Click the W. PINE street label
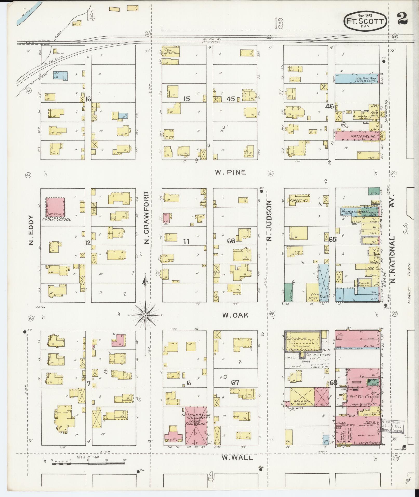coord(230,172)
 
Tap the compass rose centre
coord(146,315)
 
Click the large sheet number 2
coord(402,19)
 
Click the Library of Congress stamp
coord(393,426)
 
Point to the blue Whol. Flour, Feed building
coord(357,78)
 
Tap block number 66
coord(231,241)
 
